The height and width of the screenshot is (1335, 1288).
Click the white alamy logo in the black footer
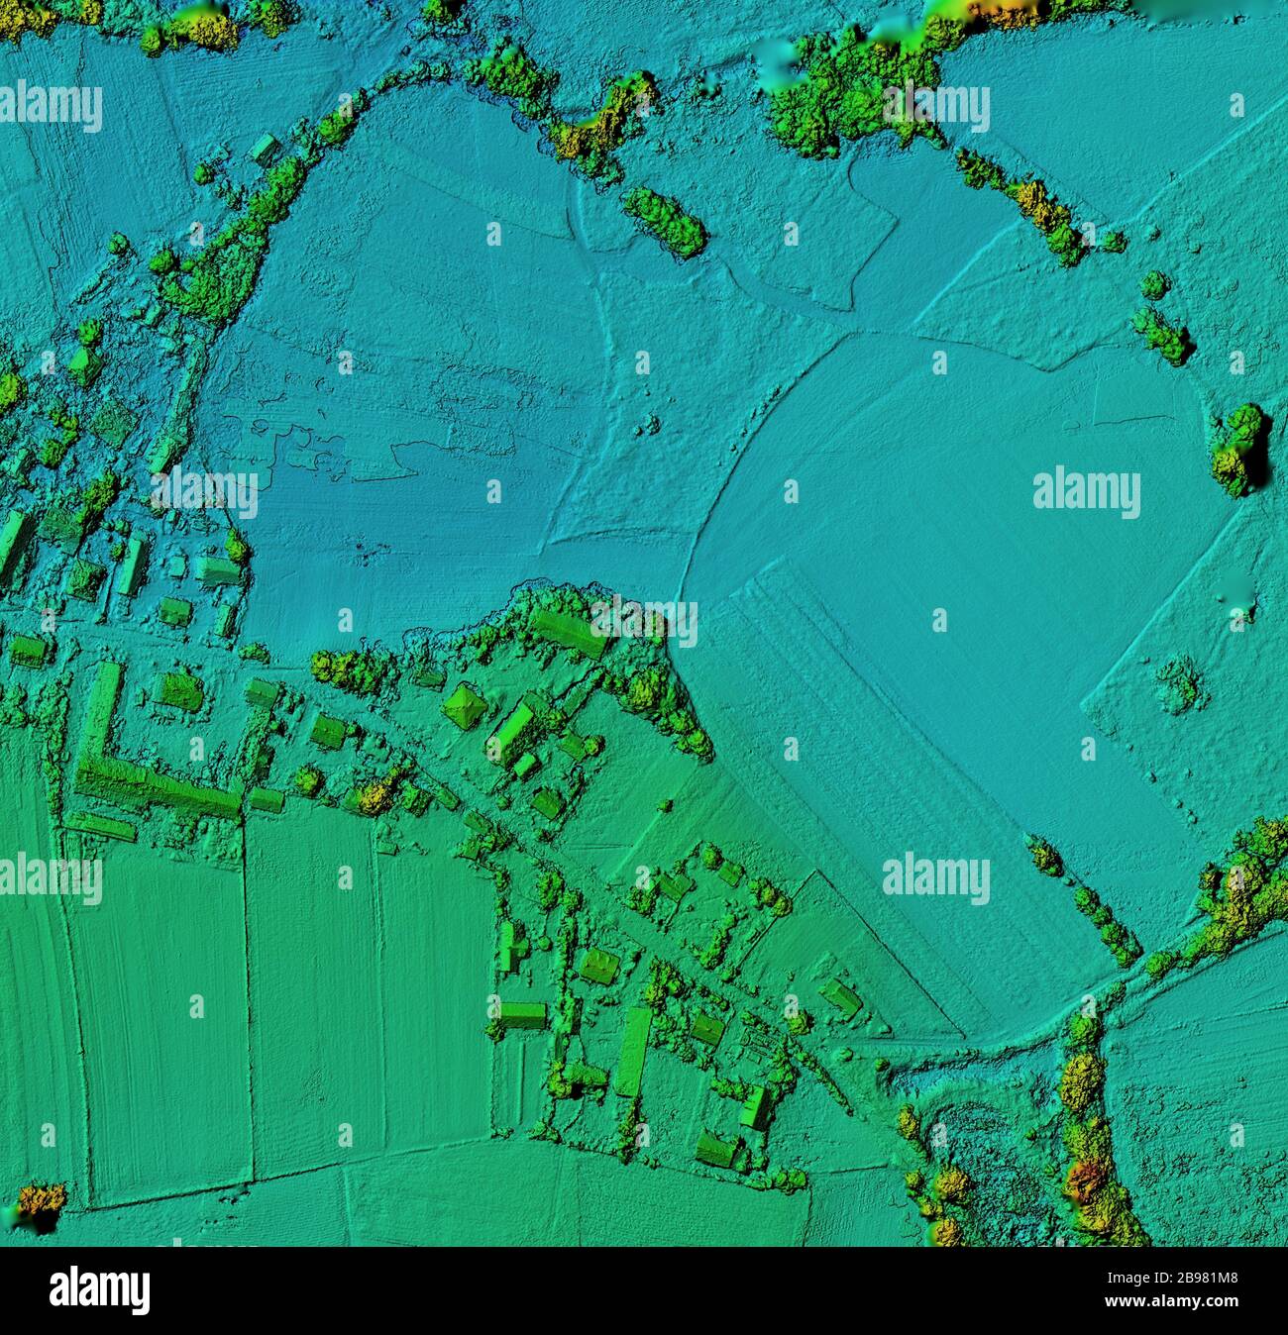click(99, 1289)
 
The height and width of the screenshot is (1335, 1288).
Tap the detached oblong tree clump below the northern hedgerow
click(665, 221)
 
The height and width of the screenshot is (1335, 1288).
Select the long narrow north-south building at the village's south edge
click(633, 1051)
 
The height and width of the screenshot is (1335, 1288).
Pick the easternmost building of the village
click(842, 995)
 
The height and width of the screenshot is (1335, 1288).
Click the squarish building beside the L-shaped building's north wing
click(178, 690)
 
